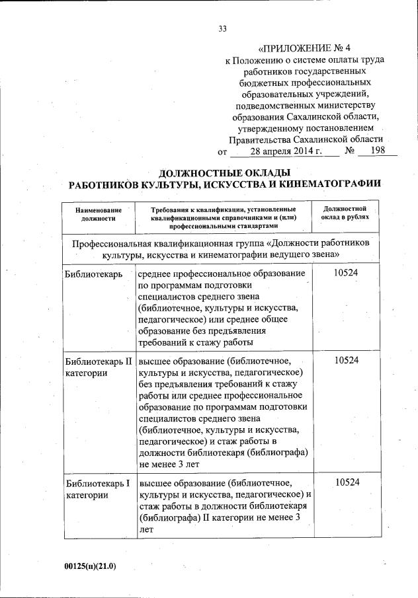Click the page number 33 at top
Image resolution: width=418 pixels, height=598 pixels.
(x=222, y=27)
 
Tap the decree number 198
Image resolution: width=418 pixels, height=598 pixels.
(x=378, y=151)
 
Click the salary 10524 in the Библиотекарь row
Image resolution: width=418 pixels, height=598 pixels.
(x=347, y=273)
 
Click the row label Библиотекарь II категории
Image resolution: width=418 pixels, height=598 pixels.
(x=97, y=367)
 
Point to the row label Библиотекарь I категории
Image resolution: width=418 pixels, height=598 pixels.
(x=97, y=489)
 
